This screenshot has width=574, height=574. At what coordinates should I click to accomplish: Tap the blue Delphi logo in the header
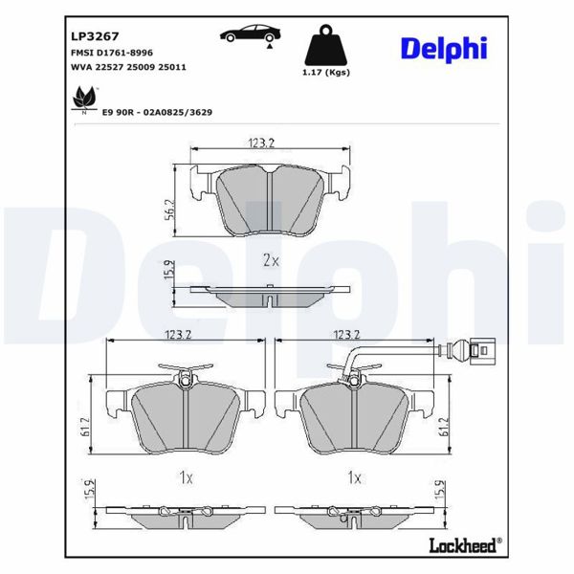443,48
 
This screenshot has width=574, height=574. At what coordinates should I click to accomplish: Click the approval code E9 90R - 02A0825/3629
157,112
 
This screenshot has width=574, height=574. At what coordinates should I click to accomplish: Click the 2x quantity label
271,260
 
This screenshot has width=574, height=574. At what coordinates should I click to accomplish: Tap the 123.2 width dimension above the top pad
262,143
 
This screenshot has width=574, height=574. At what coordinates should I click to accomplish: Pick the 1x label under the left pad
187,475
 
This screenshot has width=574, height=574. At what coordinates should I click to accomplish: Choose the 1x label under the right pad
356,475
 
